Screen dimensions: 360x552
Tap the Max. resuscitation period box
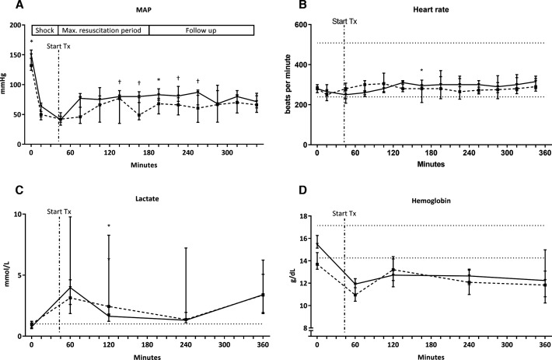click(x=103, y=30)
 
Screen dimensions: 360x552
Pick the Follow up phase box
click(x=201, y=30)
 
